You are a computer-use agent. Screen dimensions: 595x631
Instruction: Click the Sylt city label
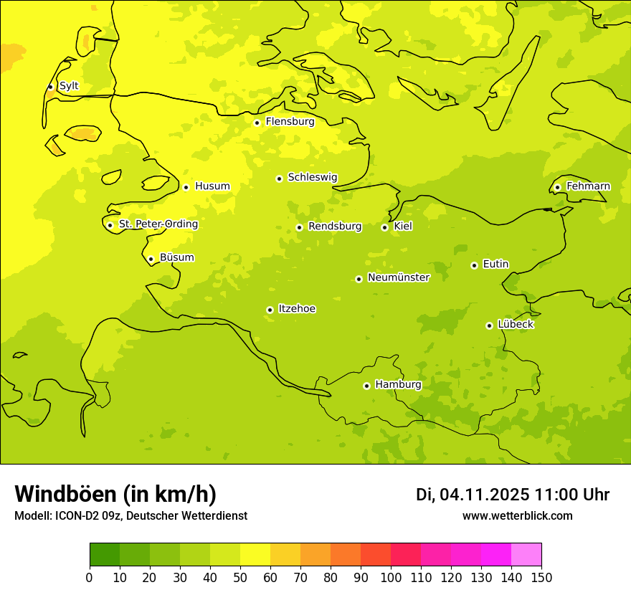point(69,86)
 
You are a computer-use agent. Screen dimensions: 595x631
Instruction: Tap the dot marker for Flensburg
point(257,123)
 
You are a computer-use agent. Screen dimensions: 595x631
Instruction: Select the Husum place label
point(212,186)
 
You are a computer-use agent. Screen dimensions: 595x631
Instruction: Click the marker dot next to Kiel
point(384,227)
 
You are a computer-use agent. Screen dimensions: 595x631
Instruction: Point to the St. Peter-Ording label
point(158,224)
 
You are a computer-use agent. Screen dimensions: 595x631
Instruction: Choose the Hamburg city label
point(398,385)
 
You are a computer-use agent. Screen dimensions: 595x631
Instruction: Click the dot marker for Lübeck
point(489,325)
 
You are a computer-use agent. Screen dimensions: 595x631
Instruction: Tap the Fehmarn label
point(588,186)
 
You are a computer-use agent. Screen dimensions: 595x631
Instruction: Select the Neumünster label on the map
point(398,277)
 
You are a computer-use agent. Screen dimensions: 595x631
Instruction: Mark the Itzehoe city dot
point(270,310)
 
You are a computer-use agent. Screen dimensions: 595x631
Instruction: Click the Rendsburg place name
point(335,227)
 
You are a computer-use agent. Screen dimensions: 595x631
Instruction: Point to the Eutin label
point(495,265)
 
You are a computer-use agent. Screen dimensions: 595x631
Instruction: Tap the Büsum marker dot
point(151,259)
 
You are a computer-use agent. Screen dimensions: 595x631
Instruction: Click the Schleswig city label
point(312,177)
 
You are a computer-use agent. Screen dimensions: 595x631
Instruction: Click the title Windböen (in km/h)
point(115,494)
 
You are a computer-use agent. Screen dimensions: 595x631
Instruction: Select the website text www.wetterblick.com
point(517,516)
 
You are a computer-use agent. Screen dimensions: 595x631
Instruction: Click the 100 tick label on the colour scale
point(391,578)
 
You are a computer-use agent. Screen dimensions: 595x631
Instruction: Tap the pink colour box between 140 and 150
point(526,555)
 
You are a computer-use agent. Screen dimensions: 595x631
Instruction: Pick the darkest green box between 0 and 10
point(105,555)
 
